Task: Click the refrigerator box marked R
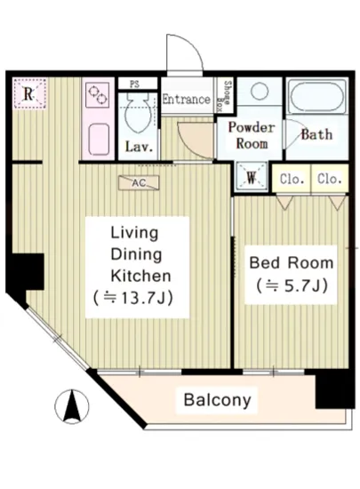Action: pyautogui.click(x=30, y=93)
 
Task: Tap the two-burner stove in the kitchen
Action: pyautogui.click(x=98, y=95)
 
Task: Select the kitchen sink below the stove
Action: pyautogui.click(x=99, y=139)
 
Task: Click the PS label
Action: pyautogui.click(x=134, y=84)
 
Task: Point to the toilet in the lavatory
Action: pyautogui.click(x=139, y=114)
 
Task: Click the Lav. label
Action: pyautogui.click(x=140, y=147)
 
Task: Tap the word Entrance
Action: pyautogui.click(x=187, y=100)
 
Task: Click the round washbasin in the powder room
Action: pyautogui.click(x=260, y=92)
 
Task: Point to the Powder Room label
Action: pyautogui.click(x=252, y=136)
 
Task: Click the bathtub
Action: pyautogui.click(x=316, y=96)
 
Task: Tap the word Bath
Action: pyautogui.click(x=316, y=135)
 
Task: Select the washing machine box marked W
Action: pyautogui.click(x=252, y=176)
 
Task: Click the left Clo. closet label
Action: pyautogui.click(x=292, y=179)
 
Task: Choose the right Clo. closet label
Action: pyautogui.click(x=330, y=179)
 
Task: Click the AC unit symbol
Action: pyautogui.click(x=139, y=183)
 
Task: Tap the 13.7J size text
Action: pyautogui.click(x=133, y=298)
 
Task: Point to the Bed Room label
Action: pyautogui.click(x=292, y=262)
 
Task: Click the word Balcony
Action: pyautogui.click(x=217, y=400)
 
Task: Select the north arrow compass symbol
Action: pyautogui.click(x=72, y=406)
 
